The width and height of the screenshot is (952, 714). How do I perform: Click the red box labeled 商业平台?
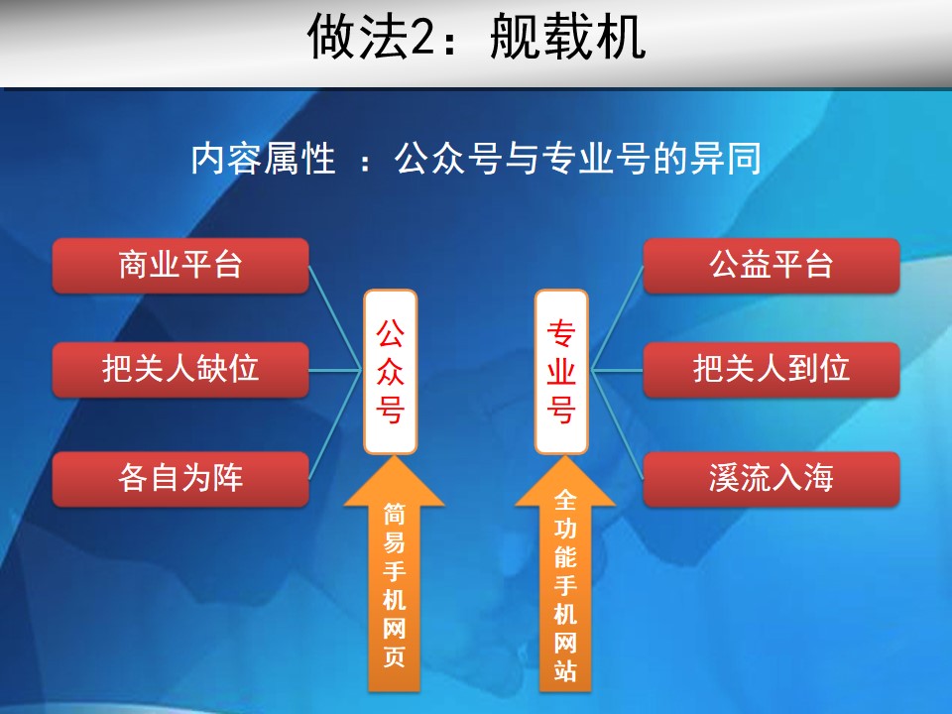(180, 266)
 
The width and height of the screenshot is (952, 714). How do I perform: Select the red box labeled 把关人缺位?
(180, 369)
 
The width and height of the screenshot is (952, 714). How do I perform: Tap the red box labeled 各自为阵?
(180, 478)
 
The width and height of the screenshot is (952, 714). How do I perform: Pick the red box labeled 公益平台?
(772, 266)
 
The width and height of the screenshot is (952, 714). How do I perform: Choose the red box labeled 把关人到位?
(772, 369)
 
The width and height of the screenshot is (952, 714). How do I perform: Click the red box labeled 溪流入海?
(772, 478)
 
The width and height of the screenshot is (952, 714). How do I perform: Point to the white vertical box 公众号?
(390, 372)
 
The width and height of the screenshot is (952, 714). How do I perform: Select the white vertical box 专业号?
(561, 372)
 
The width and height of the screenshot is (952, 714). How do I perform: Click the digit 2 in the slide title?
(423, 38)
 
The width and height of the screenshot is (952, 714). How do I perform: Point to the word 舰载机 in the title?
(567, 38)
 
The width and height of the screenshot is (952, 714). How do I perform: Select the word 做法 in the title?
(358, 38)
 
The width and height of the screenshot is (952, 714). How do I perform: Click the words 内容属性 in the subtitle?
(264, 159)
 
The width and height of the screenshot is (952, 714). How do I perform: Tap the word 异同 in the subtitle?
(725, 159)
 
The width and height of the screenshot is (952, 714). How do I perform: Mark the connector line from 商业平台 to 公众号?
(336, 317)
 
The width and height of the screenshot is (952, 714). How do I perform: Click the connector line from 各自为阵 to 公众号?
(336, 424)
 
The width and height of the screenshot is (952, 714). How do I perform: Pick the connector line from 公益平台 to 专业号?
(617, 317)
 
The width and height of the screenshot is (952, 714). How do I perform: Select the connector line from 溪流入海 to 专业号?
(617, 424)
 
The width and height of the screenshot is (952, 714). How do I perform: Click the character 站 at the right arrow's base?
(565, 669)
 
